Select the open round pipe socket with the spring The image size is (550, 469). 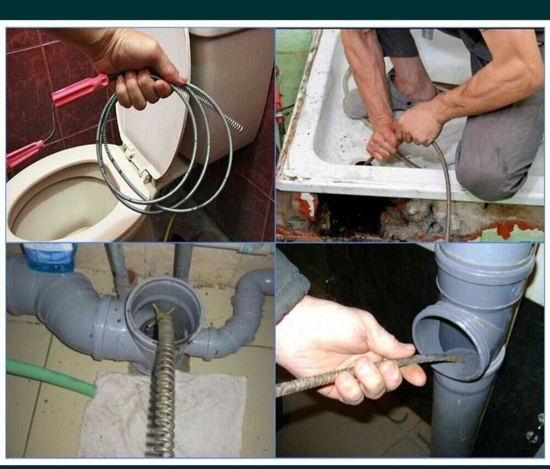[164, 309]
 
